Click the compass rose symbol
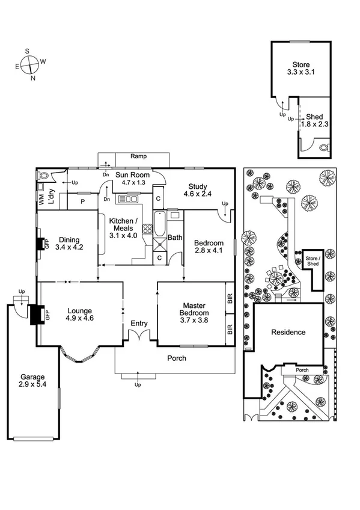(32, 63)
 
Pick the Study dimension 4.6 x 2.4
(198, 194)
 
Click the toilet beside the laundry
(42, 176)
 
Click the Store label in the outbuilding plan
(301, 64)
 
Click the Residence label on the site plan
(288, 332)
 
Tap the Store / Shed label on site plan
(313, 259)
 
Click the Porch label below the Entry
(176, 358)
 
